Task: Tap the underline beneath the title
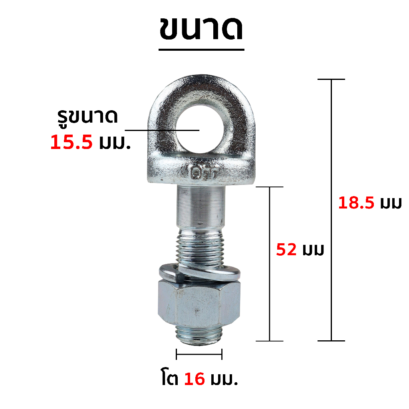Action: coord(201,49)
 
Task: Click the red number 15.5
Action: coord(71,143)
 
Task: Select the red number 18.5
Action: coord(356,203)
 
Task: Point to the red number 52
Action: coord(286,250)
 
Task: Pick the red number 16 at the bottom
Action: coord(195,379)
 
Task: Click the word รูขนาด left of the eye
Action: coord(87,118)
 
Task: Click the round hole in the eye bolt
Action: coord(200,129)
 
